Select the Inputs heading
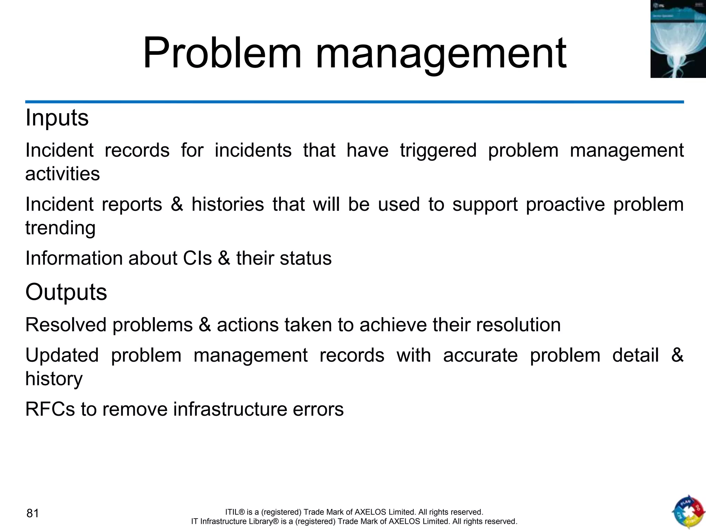[x=57, y=118]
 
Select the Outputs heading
[x=66, y=292]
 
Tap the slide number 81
[x=33, y=513]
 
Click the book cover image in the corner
[x=678, y=39]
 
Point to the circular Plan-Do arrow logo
[x=688, y=512]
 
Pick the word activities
[x=62, y=174]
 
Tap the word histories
[x=228, y=204]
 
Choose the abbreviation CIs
[x=198, y=258]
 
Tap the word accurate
[x=480, y=355]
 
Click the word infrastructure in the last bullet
[x=230, y=409]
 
